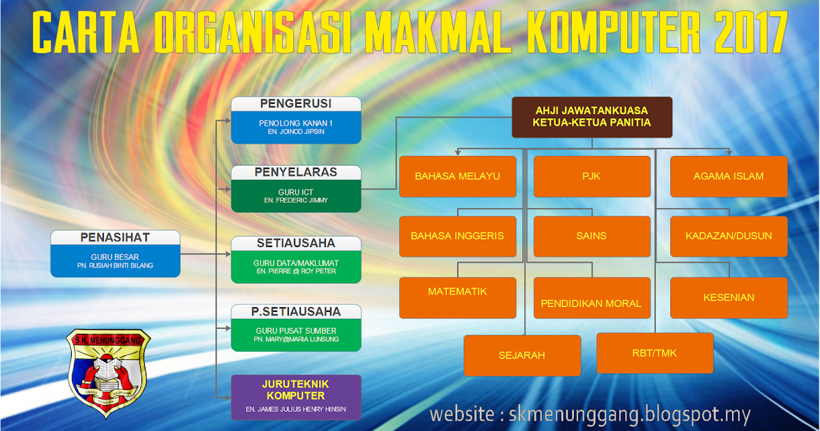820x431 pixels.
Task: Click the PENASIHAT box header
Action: pos(115,238)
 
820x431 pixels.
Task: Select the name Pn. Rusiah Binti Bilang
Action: pos(115,265)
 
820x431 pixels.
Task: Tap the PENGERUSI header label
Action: pos(296,104)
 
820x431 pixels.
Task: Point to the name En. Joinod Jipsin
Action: pos(296,131)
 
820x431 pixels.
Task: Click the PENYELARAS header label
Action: pos(296,172)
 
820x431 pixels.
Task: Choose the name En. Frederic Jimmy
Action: pos(296,200)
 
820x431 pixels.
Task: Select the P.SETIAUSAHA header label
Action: pos(296,312)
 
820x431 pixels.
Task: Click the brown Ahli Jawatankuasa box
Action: pos(592,117)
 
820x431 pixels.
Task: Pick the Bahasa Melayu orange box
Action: pos(457,177)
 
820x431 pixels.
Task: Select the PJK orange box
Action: pos(591,177)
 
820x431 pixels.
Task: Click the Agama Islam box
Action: pos(728,177)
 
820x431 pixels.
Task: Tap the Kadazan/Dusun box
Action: pos(728,236)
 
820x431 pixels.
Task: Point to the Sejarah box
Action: pos(522,355)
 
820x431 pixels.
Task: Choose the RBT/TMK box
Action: pos(655,353)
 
